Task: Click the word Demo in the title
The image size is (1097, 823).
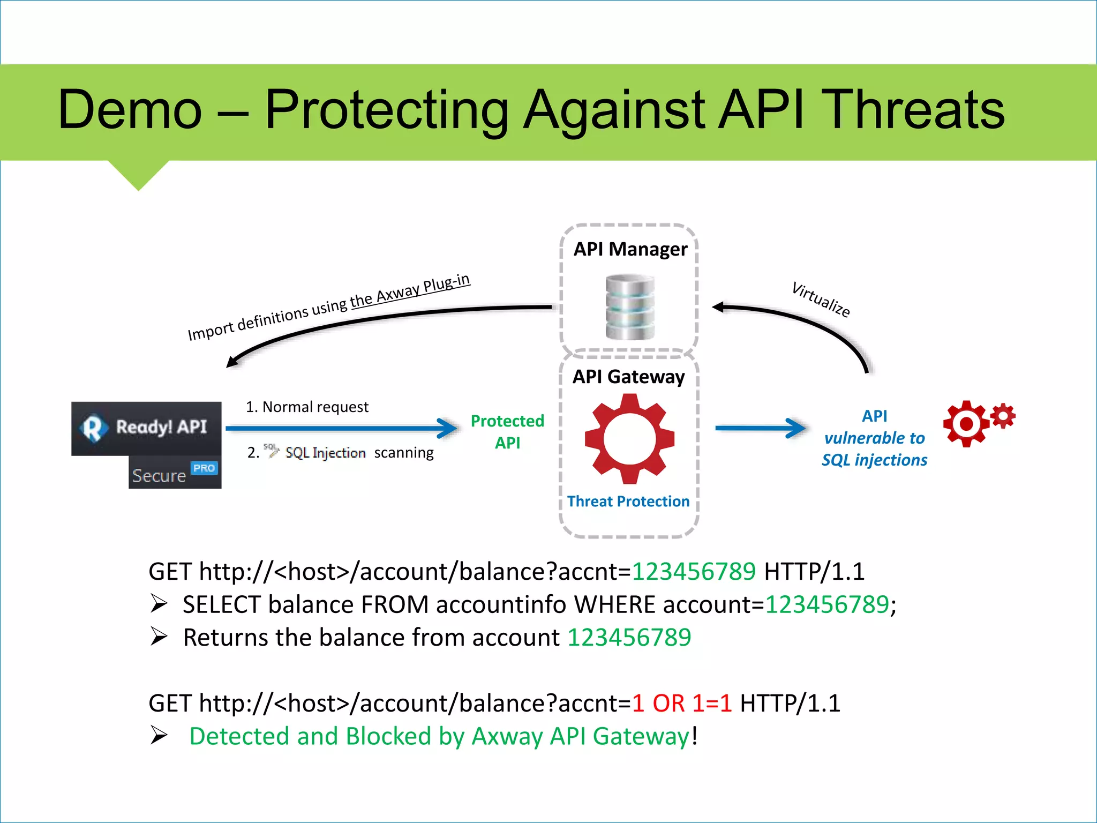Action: tap(130, 110)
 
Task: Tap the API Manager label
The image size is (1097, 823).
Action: tap(630, 249)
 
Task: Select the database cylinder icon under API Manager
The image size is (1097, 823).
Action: tap(630, 307)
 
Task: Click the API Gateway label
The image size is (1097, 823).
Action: tap(628, 377)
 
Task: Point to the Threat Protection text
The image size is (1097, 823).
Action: tap(628, 502)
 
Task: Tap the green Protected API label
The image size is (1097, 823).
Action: tap(507, 432)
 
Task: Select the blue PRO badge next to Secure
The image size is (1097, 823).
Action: tap(204, 468)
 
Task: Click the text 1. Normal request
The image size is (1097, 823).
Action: tap(307, 407)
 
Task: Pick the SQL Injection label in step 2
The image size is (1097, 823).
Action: tap(325, 453)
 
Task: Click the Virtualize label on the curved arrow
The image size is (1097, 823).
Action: tap(821, 299)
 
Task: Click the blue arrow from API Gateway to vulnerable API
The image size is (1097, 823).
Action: tap(761, 428)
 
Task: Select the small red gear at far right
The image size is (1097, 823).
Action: tap(1003, 416)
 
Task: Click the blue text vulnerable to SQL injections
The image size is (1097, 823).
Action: tap(874, 449)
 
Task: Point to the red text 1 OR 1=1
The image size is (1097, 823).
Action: tap(681, 704)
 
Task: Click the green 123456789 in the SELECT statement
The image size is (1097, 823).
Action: tap(826, 605)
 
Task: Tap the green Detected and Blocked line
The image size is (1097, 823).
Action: tap(439, 736)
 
